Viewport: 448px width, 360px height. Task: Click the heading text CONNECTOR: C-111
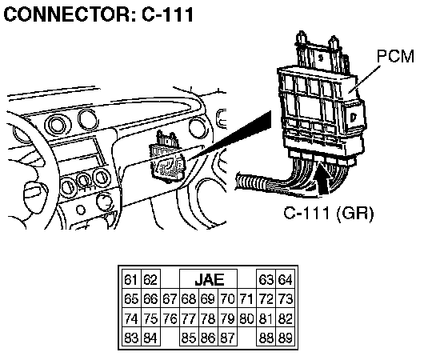[x=99, y=14]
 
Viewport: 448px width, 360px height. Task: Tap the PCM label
[x=395, y=56]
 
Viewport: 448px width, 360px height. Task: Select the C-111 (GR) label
[x=329, y=213]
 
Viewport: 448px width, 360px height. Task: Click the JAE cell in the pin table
[x=208, y=279]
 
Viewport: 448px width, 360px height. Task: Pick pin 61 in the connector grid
[x=131, y=279]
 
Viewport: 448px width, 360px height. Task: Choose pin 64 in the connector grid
[x=285, y=279]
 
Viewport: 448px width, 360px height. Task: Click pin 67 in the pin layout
[x=170, y=298]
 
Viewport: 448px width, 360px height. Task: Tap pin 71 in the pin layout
[x=246, y=298]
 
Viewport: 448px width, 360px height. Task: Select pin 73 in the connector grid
[x=285, y=298]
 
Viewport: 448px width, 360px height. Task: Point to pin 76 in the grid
[x=170, y=318]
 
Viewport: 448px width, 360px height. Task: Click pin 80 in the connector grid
[x=246, y=318]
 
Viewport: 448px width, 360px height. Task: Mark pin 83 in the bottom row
[x=131, y=338]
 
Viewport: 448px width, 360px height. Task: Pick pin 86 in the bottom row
[x=208, y=338]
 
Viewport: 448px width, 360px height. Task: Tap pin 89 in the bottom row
[x=285, y=338]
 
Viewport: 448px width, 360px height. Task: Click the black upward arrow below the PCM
[x=324, y=178]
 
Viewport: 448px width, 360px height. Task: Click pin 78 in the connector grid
[x=208, y=318]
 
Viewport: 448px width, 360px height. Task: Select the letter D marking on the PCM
[x=354, y=117]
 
